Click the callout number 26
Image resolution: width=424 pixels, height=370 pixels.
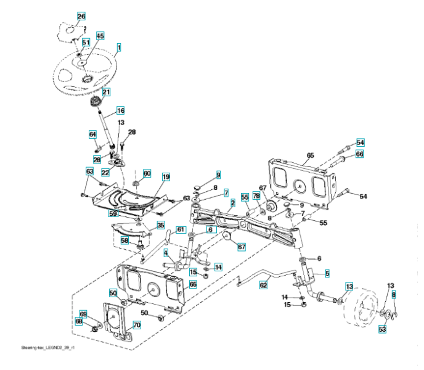tap(81, 15)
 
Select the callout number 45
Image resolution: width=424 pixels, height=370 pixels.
tap(100, 36)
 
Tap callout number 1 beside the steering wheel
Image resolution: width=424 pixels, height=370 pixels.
tap(118, 46)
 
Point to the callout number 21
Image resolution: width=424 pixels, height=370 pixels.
tap(106, 92)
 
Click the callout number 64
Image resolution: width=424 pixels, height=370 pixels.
tap(93, 134)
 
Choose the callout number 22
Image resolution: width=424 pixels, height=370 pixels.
tap(105, 172)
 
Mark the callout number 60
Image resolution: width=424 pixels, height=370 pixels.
tap(147, 173)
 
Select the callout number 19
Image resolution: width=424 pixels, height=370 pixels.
tap(166, 177)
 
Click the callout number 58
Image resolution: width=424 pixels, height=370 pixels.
tap(124, 240)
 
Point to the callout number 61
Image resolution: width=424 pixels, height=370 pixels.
tap(181, 229)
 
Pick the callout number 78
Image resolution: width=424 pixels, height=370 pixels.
tap(256, 195)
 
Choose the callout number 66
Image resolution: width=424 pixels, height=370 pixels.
tap(359, 154)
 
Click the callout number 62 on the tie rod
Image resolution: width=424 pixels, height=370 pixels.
tap(264, 285)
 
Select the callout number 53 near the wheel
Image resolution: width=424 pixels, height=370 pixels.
tap(382, 331)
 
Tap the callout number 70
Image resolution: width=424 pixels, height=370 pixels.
tap(137, 324)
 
